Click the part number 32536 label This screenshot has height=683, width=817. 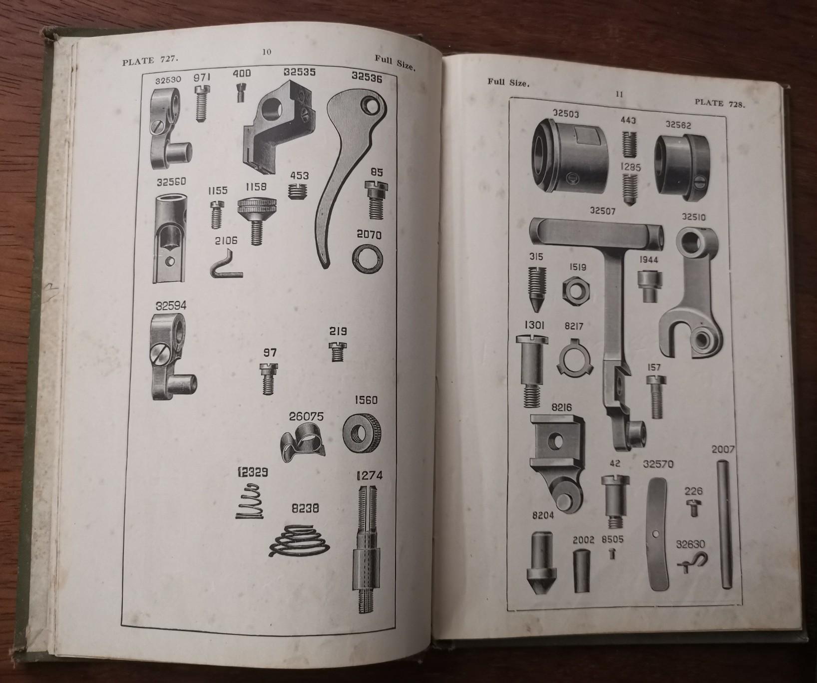[367, 77]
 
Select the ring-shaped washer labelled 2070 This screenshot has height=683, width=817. [369, 259]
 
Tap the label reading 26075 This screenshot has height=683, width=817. [306, 416]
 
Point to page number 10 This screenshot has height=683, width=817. [267, 51]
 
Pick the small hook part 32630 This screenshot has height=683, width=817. [692, 562]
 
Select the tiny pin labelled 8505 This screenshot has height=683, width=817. [613, 553]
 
